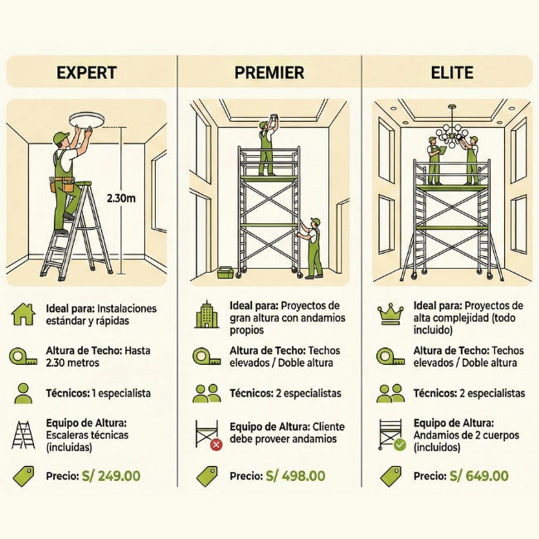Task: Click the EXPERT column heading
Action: [x=86, y=72]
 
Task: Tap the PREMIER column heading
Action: [x=269, y=72]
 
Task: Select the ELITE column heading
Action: [x=452, y=72]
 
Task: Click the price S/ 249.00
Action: [x=111, y=476]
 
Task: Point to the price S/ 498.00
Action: [x=295, y=476]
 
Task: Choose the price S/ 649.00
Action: [x=478, y=476]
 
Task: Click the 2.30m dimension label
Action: [x=121, y=198]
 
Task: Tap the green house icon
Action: [x=23, y=314]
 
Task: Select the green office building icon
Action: [x=206, y=314]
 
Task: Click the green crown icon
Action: [x=391, y=313]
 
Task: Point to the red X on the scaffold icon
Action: [x=216, y=444]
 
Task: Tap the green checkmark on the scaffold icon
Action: [x=400, y=444]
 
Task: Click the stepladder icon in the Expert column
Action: [x=23, y=435]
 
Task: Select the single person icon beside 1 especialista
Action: [x=23, y=394]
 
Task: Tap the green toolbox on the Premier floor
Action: [x=226, y=272]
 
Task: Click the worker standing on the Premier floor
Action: [x=312, y=247]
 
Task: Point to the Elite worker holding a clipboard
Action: [x=435, y=160]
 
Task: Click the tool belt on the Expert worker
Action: [x=62, y=184]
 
